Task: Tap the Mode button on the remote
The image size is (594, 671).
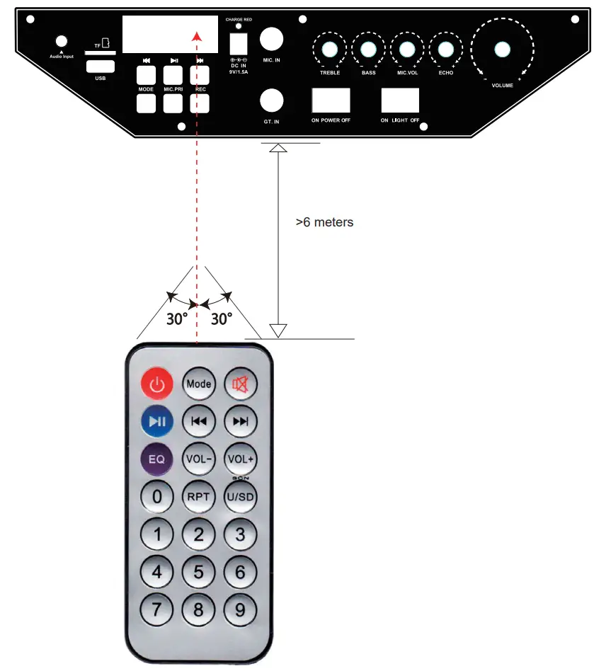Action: pos(199,384)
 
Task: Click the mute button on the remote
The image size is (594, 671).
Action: pos(241,384)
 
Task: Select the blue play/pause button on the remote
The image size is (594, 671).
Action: pos(157,422)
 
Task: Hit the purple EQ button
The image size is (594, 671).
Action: pos(157,459)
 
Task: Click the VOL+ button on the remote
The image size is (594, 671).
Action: pos(241,459)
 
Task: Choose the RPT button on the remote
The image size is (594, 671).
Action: pos(199,496)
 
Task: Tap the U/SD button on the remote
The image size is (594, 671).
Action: pos(241,496)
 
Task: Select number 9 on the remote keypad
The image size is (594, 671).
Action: pos(241,609)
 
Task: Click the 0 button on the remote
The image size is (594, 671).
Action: pos(157,496)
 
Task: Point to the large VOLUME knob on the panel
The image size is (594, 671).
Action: pos(502,49)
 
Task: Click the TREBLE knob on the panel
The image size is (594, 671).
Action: pos(329,49)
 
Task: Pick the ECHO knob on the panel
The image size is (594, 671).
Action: pos(445,49)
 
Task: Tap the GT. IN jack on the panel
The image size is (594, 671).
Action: pos(272,101)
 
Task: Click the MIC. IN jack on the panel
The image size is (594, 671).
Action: pos(272,38)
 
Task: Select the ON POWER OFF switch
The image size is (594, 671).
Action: pos(331,101)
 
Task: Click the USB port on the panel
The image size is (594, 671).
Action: pos(100,66)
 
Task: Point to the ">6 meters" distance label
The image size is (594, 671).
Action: pos(324,222)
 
